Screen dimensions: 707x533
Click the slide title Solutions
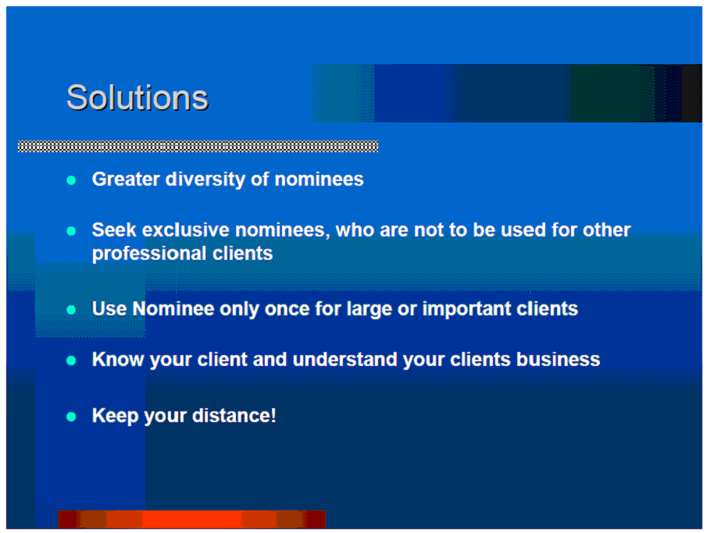coord(137,98)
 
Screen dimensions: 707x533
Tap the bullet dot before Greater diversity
coord(71,180)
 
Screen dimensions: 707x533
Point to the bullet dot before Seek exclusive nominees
coord(71,231)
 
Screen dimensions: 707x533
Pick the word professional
coord(149,254)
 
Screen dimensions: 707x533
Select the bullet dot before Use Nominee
coord(71,310)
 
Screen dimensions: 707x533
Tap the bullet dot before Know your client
coord(71,361)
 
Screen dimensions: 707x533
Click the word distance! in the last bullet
coord(234,415)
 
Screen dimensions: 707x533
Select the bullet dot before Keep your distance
coord(71,417)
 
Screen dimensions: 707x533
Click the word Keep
coord(115,416)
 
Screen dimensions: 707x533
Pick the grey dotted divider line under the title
coord(198,147)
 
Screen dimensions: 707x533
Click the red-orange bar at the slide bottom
coord(191,519)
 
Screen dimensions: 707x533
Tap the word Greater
coord(126,179)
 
